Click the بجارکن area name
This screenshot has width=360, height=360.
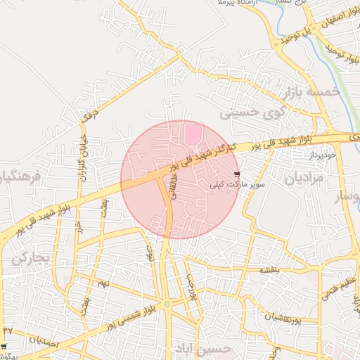[x=31, y=258]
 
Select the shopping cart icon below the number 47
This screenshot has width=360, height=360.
[x=4, y=347]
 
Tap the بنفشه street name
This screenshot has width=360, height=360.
[x=269, y=269]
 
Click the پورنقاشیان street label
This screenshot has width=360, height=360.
[x=282, y=318]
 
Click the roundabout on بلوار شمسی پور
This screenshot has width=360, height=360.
[x=167, y=303]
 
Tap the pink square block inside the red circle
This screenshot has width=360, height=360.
[x=193, y=133]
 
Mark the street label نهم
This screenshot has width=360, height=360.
[x=104, y=283]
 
